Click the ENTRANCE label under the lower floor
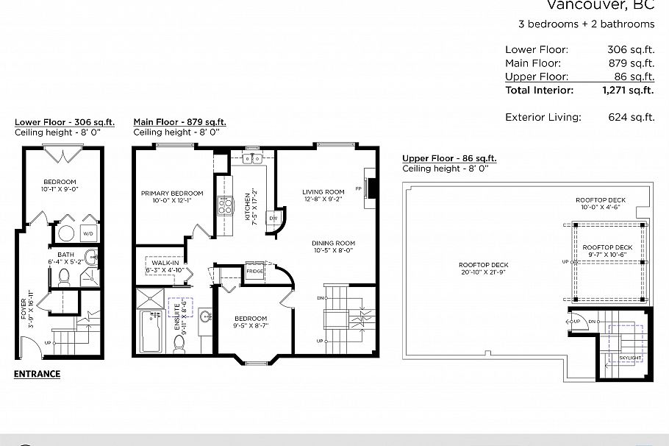click(37, 374)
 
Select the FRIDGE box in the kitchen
click(254, 271)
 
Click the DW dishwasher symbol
click(273, 219)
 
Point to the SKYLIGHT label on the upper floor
click(630, 358)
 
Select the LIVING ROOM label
click(323, 197)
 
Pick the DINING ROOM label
click(333, 247)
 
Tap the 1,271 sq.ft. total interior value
click(628, 91)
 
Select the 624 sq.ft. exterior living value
click(631, 117)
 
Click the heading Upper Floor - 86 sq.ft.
click(449, 158)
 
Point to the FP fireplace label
click(359, 188)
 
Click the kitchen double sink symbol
click(254, 158)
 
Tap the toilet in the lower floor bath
click(64, 277)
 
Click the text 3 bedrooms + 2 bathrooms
click(586, 24)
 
